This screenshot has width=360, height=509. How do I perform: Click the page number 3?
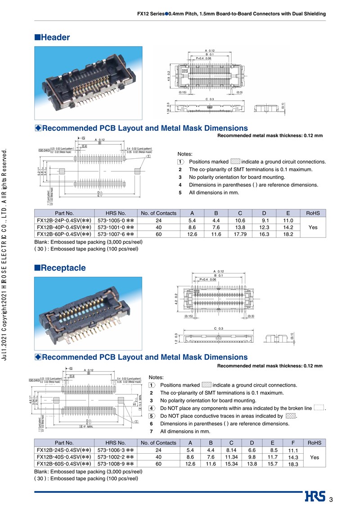[x=331, y=500]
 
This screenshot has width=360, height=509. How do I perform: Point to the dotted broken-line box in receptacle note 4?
[x=319, y=408]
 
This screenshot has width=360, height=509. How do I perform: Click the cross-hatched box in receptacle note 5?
[x=291, y=416]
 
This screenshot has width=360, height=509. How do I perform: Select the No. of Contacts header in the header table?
[x=158, y=213]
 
